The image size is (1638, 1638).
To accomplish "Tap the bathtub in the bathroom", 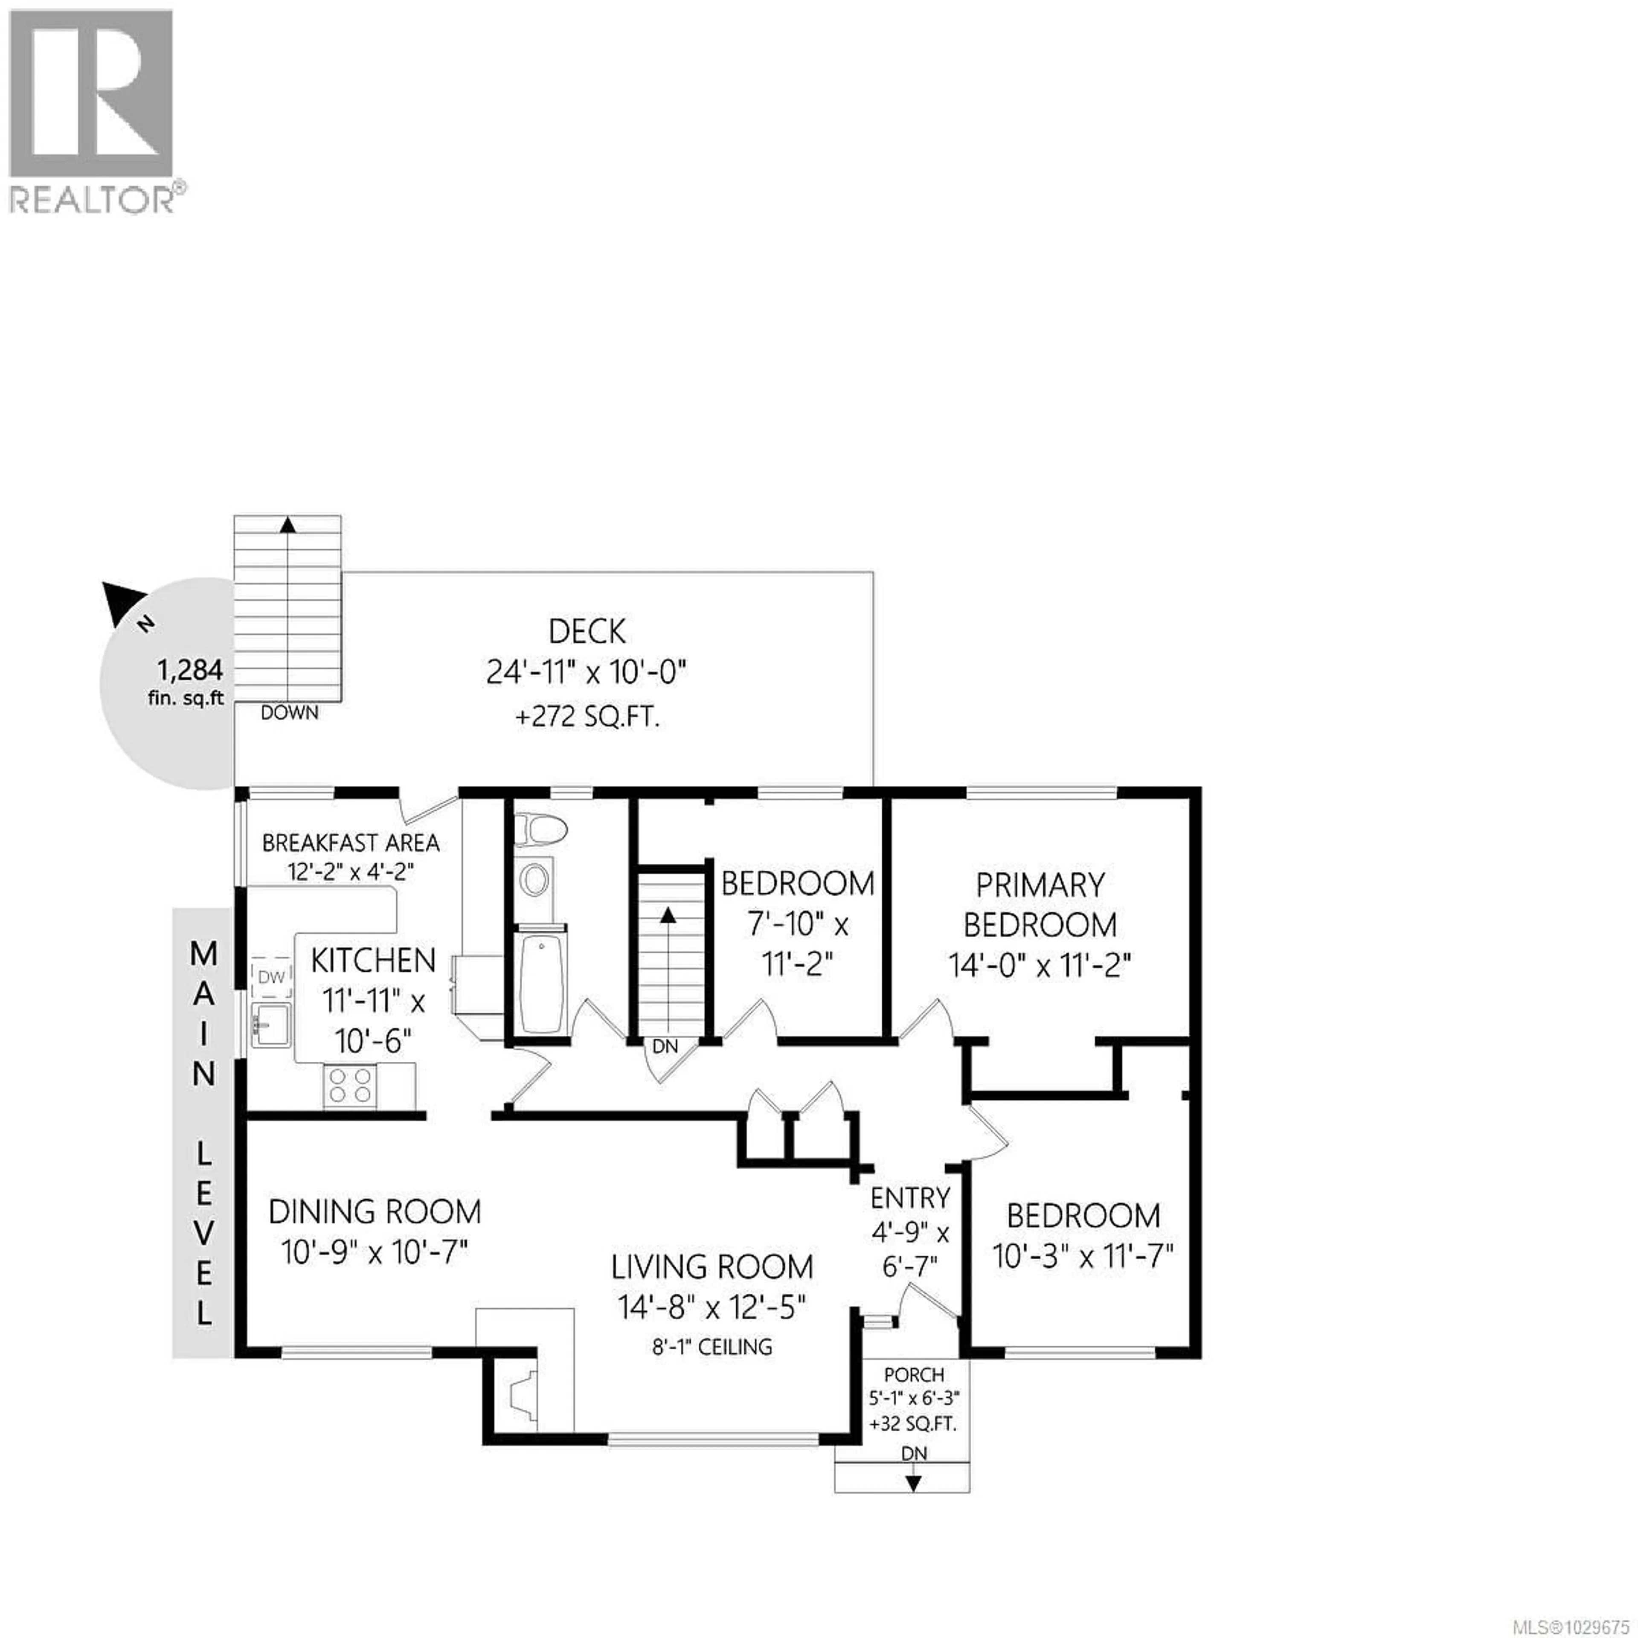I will pos(539,984).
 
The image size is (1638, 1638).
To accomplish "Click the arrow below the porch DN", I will pos(913,1484).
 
